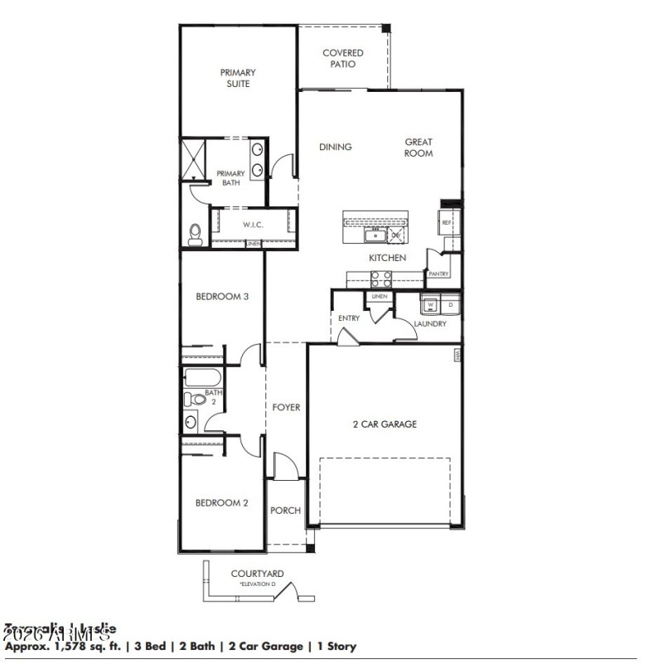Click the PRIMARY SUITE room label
tap(237, 78)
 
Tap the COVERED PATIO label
tap(342, 58)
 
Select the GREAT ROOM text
tap(419, 148)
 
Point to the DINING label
tap(336, 147)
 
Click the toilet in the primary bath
tap(196, 235)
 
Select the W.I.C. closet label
tap(253, 225)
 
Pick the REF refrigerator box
tap(446, 223)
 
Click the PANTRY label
tap(438, 274)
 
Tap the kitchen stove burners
tap(380, 279)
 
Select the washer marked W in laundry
tap(430, 305)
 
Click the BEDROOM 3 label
tap(222, 296)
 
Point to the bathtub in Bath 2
tap(202, 378)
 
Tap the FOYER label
tap(286, 407)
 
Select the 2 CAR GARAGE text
tap(385, 424)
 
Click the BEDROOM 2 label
tap(222, 502)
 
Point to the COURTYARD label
tap(257, 573)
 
